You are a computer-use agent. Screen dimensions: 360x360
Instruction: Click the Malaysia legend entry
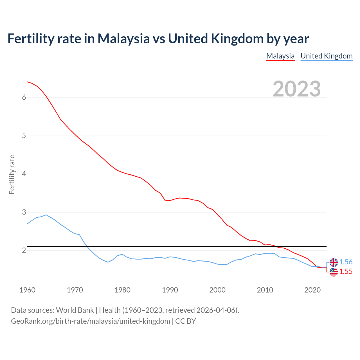[280, 56]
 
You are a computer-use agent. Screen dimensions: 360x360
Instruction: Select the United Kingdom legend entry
[326, 56]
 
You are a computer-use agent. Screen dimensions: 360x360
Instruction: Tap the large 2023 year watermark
[297, 89]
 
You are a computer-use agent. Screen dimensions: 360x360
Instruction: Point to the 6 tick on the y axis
[24, 98]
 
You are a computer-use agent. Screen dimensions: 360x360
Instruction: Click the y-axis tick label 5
[24, 136]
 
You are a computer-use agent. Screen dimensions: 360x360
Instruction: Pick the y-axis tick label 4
[24, 174]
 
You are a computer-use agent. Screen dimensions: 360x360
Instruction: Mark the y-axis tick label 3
[24, 212]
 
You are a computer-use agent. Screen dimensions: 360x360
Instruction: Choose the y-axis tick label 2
[24, 251]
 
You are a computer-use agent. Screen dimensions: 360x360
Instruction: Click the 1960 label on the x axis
[27, 290]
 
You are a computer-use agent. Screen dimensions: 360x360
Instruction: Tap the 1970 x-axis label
[75, 290]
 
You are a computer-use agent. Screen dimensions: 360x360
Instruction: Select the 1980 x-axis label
[122, 290]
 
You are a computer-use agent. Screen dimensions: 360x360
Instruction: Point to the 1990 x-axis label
[170, 290]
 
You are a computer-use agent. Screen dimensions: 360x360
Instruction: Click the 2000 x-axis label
[217, 290]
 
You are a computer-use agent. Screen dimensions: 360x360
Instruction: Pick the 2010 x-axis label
[265, 290]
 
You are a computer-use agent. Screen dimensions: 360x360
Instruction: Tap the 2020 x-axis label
[312, 290]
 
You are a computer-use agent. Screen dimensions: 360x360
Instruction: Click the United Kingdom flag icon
[334, 262]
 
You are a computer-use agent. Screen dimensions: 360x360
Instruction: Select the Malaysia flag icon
[334, 272]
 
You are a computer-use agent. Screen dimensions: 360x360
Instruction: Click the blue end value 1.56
[346, 262]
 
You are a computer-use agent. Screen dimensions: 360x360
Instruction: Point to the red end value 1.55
[346, 272]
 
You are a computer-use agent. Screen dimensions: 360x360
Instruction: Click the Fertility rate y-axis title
[12, 174]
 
